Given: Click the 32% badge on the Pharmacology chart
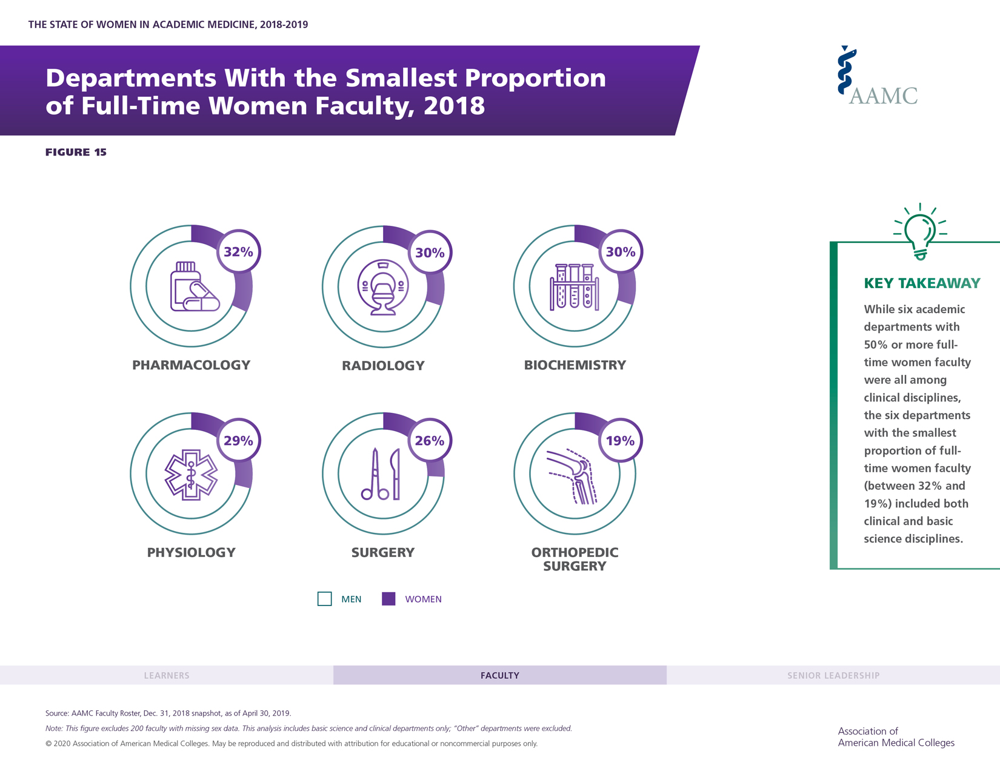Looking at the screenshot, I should [x=238, y=252].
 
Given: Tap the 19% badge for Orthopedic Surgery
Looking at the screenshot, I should [x=621, y=441].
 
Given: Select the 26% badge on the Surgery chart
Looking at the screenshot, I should [x=430, y=441].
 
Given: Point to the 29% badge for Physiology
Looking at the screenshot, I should [x=238, y=441].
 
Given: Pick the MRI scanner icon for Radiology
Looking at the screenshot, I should [x=383, y=288].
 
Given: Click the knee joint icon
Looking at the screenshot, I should [x=573, y=476].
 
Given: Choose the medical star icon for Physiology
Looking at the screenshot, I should [x=191, y=475].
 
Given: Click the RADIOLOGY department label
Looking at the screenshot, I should [x=383, y=366].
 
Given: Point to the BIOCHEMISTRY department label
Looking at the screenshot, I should [x=575, y=365].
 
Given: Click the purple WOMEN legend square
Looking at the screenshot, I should [x=388, y=599].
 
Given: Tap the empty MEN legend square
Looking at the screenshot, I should [x=325, y=599].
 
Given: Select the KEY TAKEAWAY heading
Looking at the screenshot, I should [x=922, y=283].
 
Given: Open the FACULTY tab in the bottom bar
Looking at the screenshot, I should [x=500, y=675].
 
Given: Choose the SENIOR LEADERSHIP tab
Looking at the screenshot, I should [x=833, y=675].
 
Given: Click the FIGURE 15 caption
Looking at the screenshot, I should [x=76, y=152].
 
